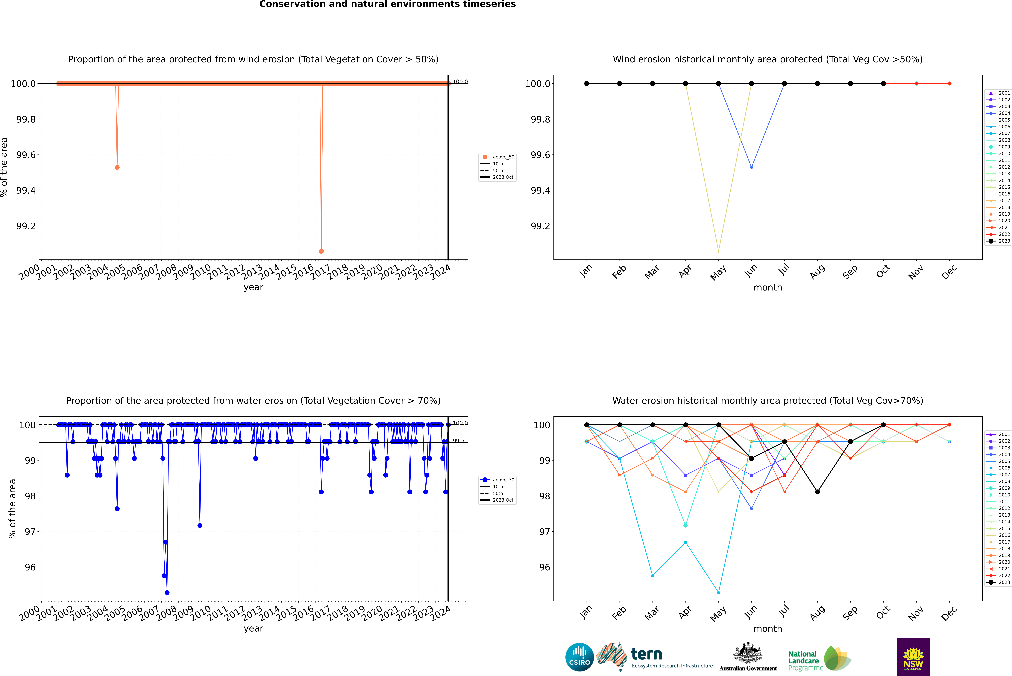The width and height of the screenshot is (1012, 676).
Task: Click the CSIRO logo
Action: pos(579,657)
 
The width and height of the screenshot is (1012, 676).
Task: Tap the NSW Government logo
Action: pos(913,657)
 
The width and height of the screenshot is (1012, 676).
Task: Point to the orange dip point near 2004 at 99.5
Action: pos(117,167)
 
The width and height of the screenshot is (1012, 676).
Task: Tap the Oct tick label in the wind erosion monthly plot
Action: pos(883,272)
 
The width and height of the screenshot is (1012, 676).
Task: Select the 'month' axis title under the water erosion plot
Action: pos(768,629)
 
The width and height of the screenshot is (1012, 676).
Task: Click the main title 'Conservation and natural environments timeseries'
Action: pos(387,4)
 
